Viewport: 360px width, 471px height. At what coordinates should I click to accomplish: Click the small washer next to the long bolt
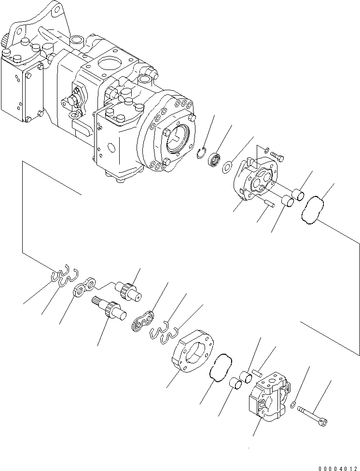click(x=294, y=404)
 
